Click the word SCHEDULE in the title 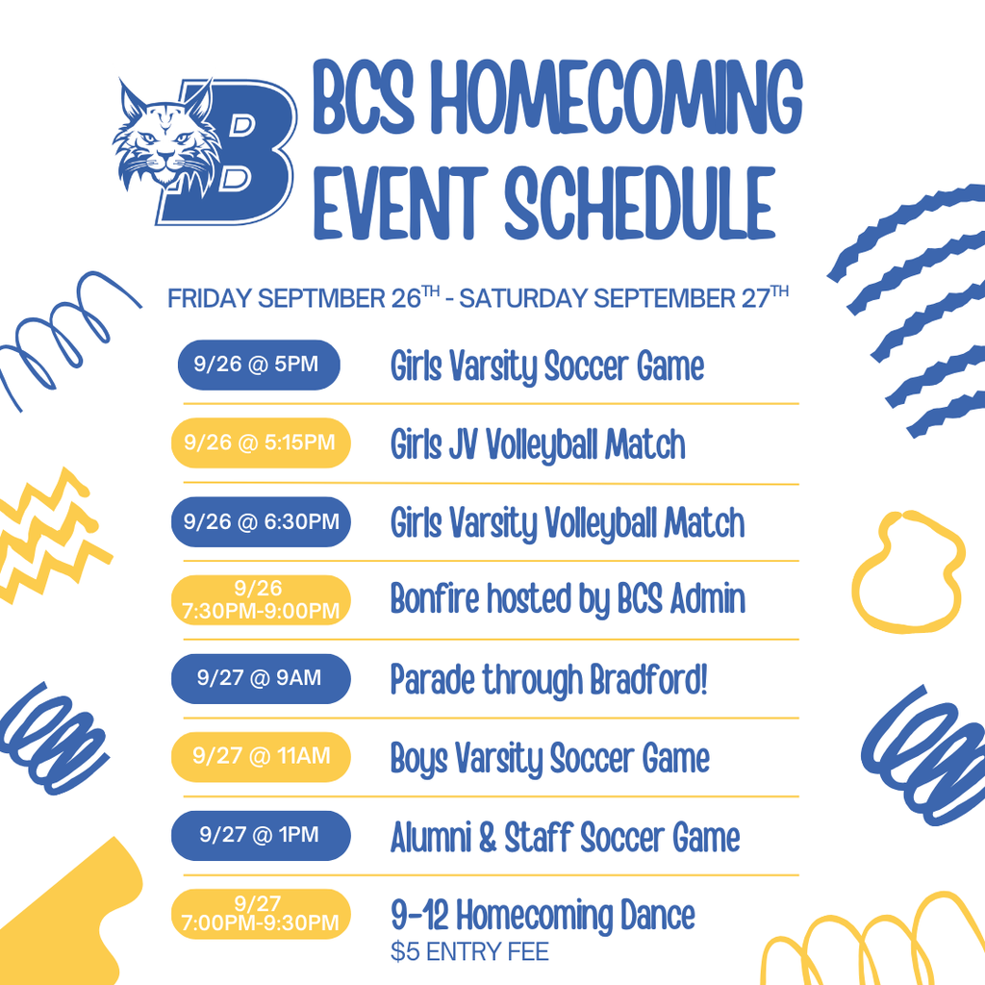click(x=640, y=204)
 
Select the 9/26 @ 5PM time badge click(x=259, y=365)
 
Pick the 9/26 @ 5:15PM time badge click(x=261, y=442)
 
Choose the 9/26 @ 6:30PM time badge click(x=261, y=521)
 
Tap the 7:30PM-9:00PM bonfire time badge click(x=261, y=600)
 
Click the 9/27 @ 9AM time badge click(x=261, y=678)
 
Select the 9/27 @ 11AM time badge click(x=261, y=757)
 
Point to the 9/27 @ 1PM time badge click(x=261, y=836)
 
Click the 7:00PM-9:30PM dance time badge click(x=261, y=914)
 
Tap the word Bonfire click(x=435, y=598)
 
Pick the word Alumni click(x=431, y=838)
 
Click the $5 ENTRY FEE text click(x=469, y=951)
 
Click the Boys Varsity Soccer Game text click(x=550, y=759)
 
